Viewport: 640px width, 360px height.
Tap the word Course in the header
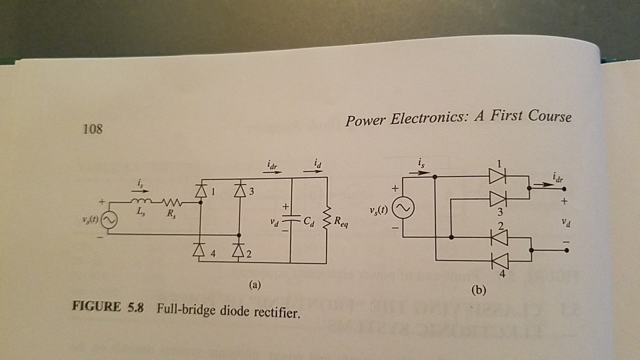[549, 117]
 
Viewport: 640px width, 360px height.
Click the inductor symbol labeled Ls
[144, 203]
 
